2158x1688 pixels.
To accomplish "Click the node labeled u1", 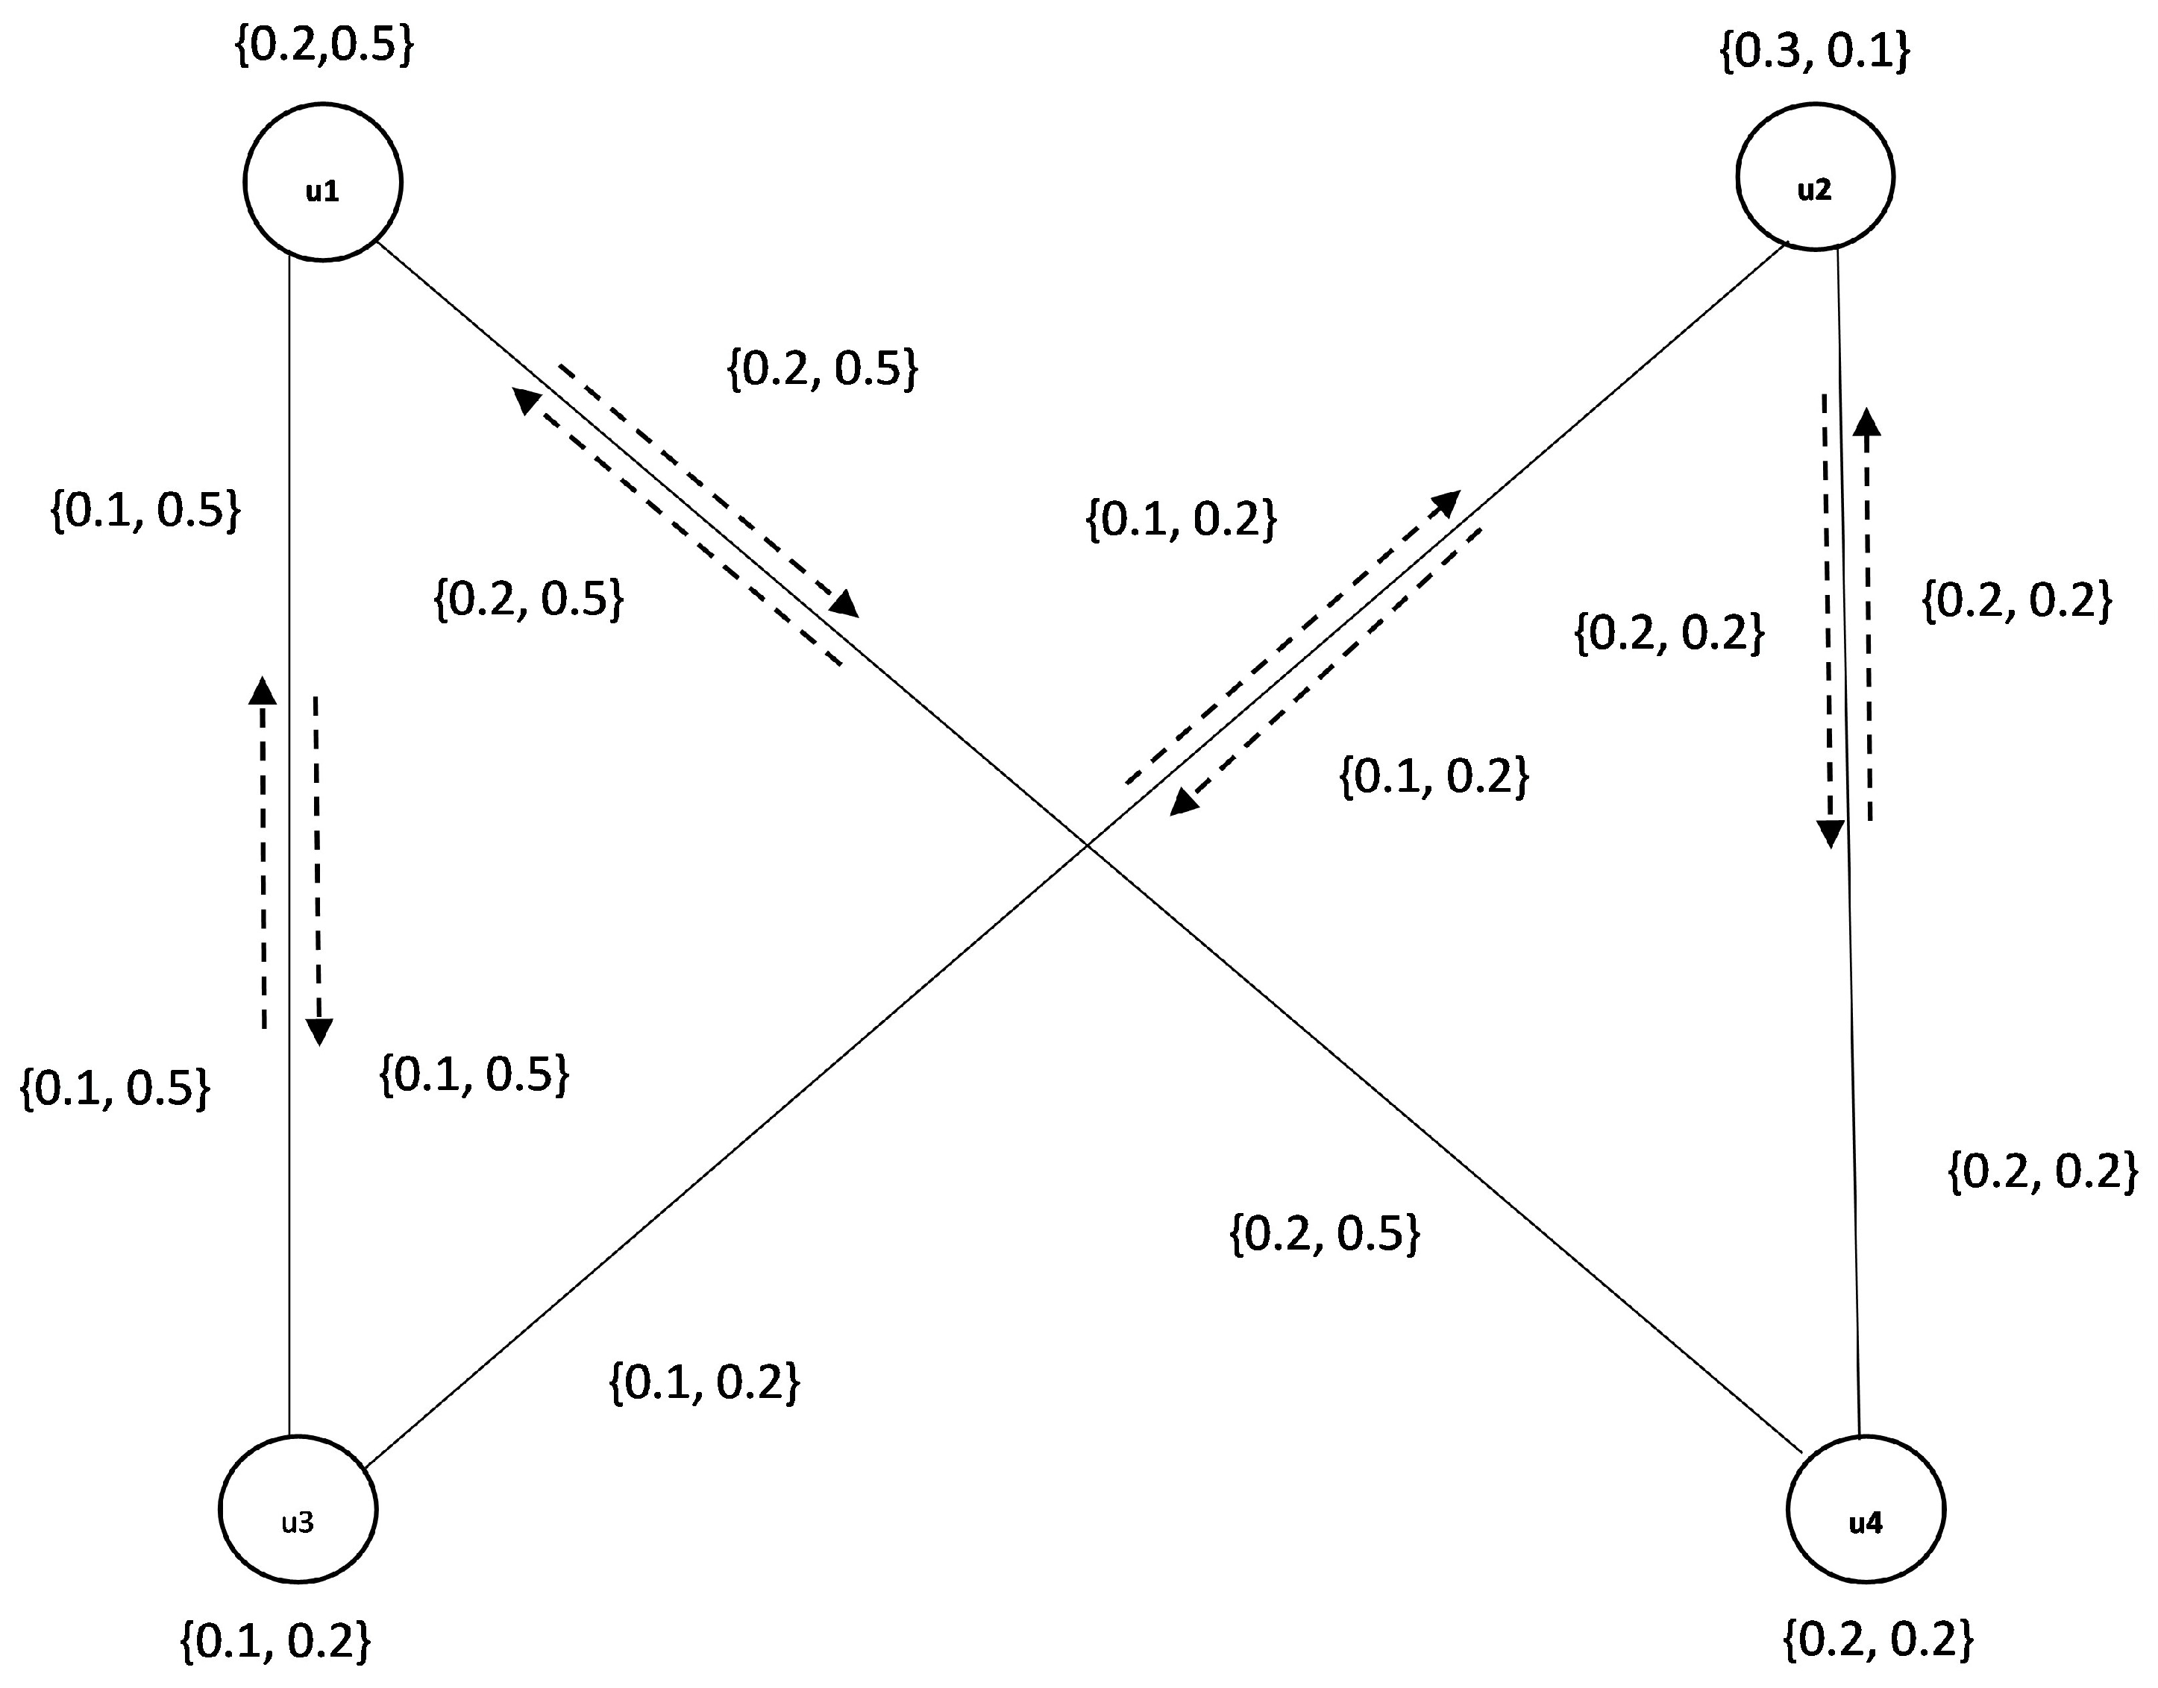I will pyautogui.click(x=322, y=182).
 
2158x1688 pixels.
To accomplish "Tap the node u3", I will pyautogui.click(x=298, y=1510).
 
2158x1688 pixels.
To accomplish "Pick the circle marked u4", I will pyautogui.click(x=1866, y=1510).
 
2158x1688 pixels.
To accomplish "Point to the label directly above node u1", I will pyautogui.click(x=323, y=45).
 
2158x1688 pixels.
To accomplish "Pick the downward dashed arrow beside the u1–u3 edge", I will pyautogui.click(x=317, y=869).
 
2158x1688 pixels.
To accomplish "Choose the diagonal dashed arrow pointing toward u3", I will pyautogui.click(x=1325, y=672).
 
